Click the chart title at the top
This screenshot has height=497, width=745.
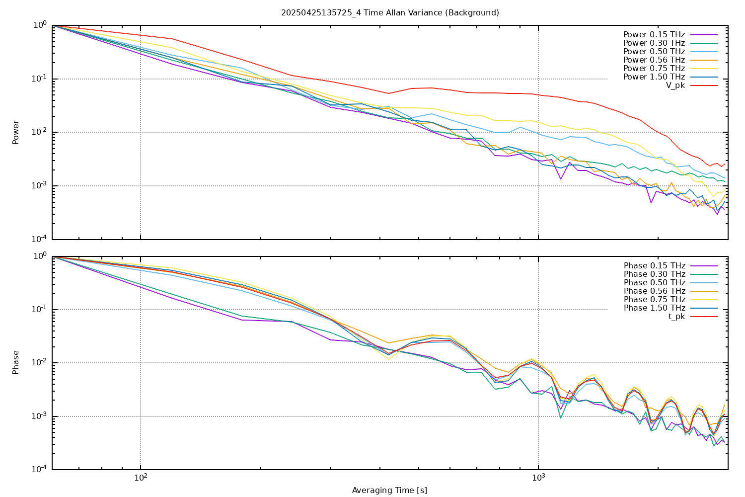(390, 12)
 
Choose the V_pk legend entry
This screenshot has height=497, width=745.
(675, 85)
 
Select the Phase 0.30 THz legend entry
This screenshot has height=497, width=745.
(654, 274)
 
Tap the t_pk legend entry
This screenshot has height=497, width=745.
(676, 317)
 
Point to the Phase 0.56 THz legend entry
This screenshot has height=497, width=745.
(654, 291)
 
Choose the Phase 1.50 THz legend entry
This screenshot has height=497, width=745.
(654, 308)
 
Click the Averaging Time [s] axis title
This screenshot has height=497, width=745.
(389, 491)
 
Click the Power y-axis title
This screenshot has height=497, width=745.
(16, 132)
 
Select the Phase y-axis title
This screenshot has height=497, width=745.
(16, 362)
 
